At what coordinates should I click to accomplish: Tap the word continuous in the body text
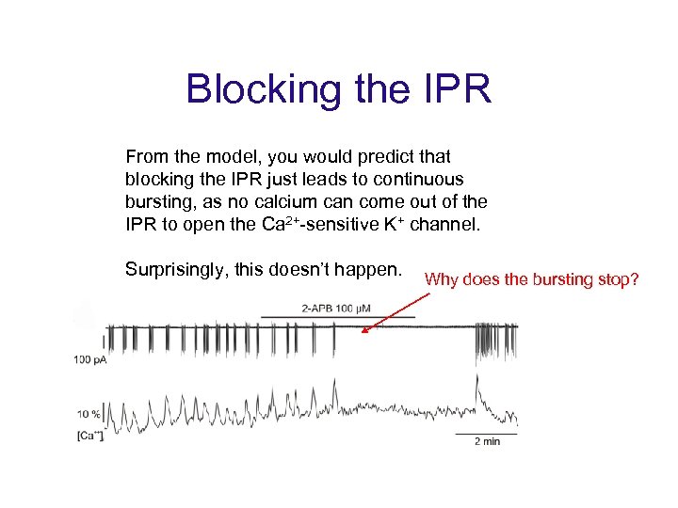pyautogui.click(x=414, y=179)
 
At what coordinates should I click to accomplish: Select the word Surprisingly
pyautogui.click(x=180, y=270)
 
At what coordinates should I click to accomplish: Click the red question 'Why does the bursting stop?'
pyautogui.click(x=531, y=278)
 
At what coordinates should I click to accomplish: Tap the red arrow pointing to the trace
pyautogui.click(x=395, y=311)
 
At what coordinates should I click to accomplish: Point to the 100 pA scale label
pyautogui.click(x=90, y=359)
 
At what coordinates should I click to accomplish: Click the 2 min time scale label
pyautogui.click(x=486, y=441)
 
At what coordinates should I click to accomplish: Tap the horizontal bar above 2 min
pyautogui.click(x=486, y=434)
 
